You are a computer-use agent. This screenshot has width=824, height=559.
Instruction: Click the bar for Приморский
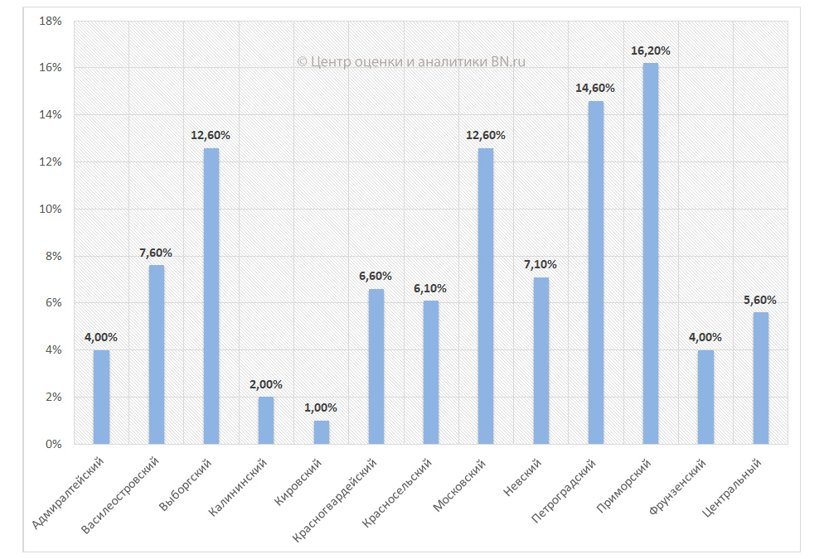point(651,253)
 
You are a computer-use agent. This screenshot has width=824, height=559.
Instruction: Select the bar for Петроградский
point(596,272)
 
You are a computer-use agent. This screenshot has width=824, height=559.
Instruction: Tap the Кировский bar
point(322,432)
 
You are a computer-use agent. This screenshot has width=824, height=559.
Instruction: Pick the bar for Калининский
point(266,421)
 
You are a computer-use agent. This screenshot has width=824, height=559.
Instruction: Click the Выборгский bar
point(211,296)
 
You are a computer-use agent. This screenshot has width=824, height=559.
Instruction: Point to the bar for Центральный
point(761,378)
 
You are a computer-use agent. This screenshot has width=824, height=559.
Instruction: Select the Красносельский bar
point(431,372)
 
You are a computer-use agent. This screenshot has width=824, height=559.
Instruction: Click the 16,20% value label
point(651,51)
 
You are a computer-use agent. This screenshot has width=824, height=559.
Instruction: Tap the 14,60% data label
point(596,88)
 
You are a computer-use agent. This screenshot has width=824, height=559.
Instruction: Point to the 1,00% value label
point(322,408)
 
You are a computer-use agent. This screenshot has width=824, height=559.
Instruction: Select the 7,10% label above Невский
point(540,265)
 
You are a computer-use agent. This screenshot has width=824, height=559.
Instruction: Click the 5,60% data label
point(761,301)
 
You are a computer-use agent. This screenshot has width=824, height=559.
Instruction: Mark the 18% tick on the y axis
point(51,21)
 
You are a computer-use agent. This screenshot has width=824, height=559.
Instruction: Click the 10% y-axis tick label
point(51,209)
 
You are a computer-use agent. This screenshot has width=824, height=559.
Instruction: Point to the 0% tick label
point(54,445)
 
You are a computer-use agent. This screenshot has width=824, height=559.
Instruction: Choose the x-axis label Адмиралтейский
point(69,492)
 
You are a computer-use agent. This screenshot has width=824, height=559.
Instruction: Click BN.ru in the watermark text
point(508,62)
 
